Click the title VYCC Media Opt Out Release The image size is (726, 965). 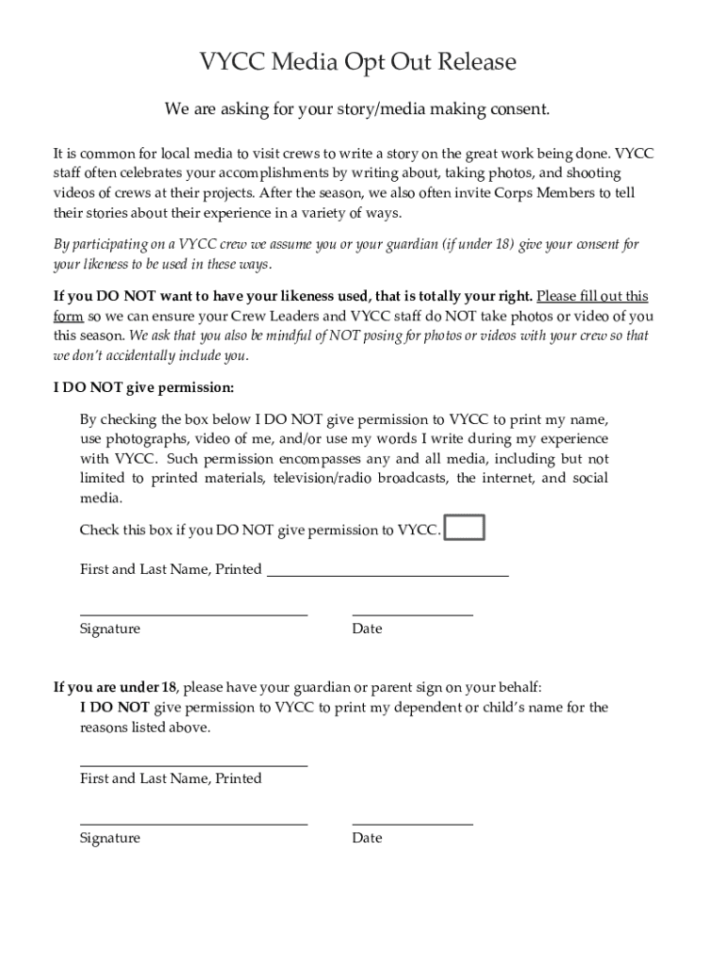[x=357, y=63]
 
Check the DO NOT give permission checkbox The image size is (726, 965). [x=464, y=528]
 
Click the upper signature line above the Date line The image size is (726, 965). [x=193, y=613]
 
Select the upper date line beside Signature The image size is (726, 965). [x=412, y=613]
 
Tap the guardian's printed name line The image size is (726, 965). [x=193, y=764]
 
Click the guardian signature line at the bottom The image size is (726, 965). [x=193, y=823]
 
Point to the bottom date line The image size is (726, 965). [x=412, y=823]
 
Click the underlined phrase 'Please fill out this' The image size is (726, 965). [x=592, y=296]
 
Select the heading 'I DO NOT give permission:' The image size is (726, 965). [x=143, y=387]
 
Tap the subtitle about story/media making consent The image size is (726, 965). [x=356, y=110]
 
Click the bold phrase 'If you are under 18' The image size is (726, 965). [x=115, y=687]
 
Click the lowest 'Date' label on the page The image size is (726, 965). [x=367, y=838]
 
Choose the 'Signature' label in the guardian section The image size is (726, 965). [x=109, y=838]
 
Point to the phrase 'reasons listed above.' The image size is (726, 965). [x=145, y=728]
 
